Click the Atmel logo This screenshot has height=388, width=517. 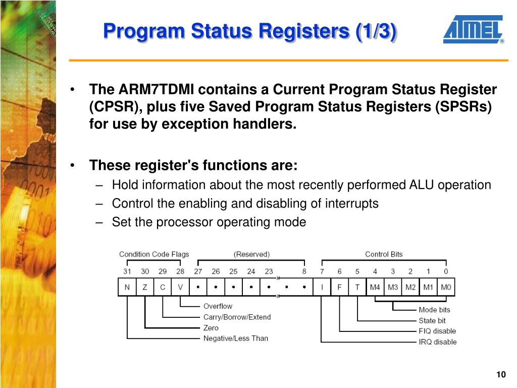point(474,29)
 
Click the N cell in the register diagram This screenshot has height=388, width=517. point(127,287)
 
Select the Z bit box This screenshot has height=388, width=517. point(145,287)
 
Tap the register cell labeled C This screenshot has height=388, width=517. point(163,287)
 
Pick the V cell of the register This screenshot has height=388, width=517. point(180,287)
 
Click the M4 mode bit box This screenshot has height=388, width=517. point(375,287)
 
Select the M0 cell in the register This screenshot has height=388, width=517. point(446,287)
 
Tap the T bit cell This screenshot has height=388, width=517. point(357,287)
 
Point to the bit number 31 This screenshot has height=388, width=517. point(127,271)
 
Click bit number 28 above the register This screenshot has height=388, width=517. point(180,271)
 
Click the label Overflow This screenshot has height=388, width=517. point(218,306)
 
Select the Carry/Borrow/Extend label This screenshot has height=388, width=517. point(237,317)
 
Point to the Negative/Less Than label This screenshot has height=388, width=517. point(235,338)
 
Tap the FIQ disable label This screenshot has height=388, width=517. point(437,331)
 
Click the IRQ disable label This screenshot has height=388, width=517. point(437,342)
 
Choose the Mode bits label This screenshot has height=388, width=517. point(434,310)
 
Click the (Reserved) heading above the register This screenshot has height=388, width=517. point(251,254)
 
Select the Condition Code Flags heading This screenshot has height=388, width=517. point(154,254)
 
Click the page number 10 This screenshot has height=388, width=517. point(501,374)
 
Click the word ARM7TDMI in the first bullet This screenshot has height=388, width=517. point(156,90)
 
